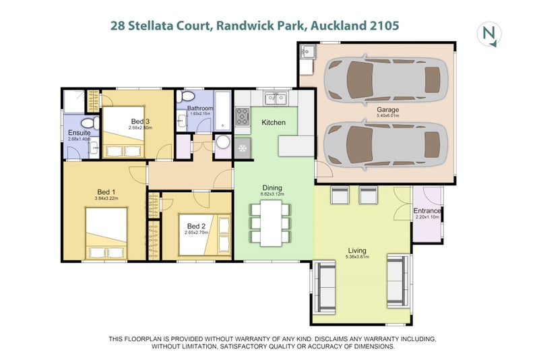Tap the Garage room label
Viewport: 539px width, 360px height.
click(x=387, y=109)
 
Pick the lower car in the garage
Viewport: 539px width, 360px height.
click(x=385, y=145)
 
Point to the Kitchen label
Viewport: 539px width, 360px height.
click(x=274, y=123)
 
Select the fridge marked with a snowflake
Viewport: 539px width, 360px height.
click(x=243, y=148)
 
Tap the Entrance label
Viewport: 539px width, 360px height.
click(x=427, y=211)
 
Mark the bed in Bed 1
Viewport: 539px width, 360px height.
click(x=105, y=233)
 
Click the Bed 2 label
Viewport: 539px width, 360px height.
click(x=197, y=226)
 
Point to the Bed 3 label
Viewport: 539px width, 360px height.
click(x=141, y=121)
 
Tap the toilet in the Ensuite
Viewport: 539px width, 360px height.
click(x=86, y=125)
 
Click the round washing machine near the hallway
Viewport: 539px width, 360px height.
click(x=223, y=144)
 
